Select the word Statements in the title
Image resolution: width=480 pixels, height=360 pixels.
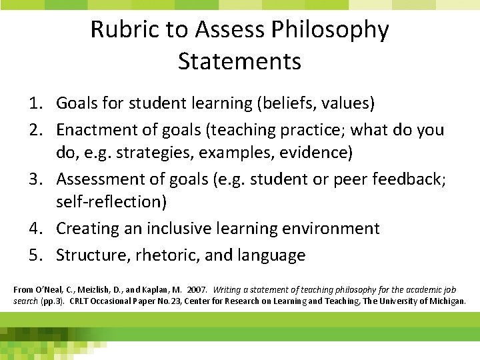240,61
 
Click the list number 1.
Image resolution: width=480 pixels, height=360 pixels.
34,103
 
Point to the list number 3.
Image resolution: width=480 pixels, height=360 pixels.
34,179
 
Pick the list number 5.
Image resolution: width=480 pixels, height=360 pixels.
34,255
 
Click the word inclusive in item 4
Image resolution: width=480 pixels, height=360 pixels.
181,229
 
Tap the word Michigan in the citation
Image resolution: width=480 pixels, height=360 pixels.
447,301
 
